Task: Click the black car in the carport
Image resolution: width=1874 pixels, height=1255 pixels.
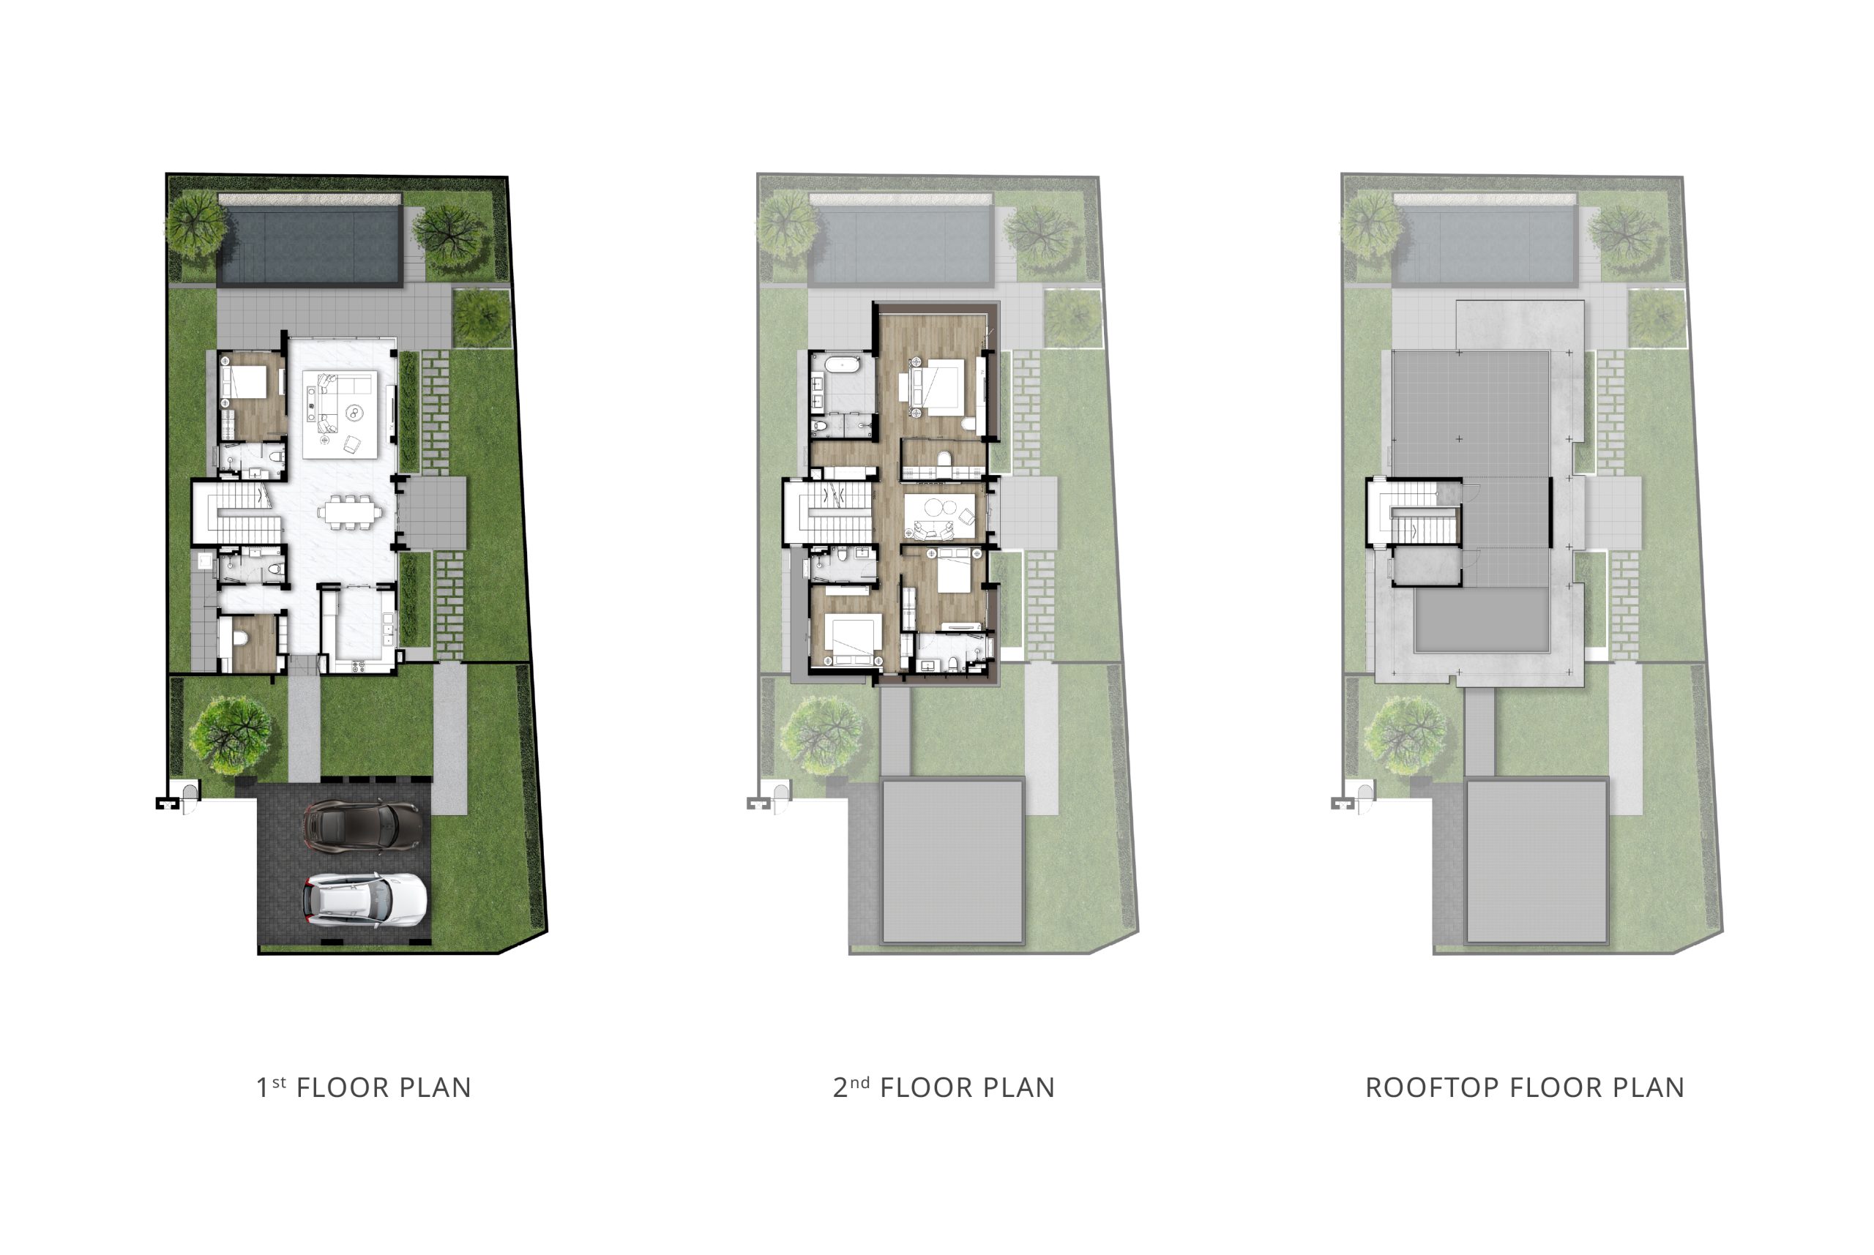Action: [362, 825]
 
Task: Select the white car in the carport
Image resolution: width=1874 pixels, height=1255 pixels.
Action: [365, 899]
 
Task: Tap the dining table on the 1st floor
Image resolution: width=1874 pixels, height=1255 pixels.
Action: [350, 512]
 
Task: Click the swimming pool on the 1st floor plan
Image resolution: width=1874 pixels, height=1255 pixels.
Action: [309, 246]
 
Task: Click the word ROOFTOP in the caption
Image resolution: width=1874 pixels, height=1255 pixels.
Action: [1431, 1087]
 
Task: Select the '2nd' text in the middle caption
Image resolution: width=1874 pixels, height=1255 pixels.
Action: [851, 1086]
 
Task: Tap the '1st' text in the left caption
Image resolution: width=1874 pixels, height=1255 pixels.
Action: [271, 1086]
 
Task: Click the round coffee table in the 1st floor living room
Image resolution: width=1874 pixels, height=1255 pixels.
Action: [353, 413]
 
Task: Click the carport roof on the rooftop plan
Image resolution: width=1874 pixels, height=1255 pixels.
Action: [1537, 861]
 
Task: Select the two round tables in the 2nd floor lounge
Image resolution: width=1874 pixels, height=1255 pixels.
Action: [941, 506]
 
